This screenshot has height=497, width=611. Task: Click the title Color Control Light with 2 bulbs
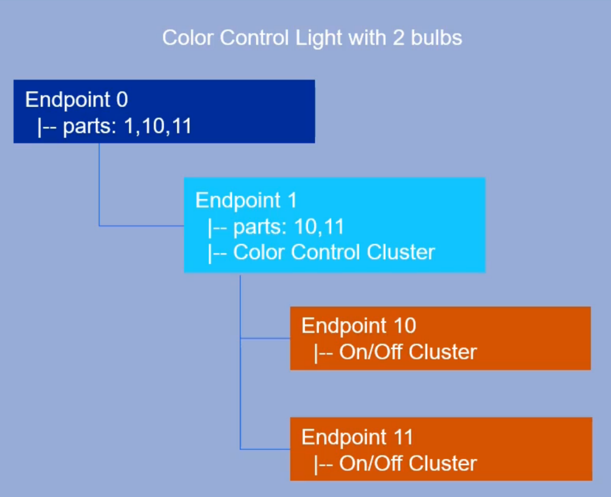312,38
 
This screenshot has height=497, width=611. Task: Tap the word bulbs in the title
436,38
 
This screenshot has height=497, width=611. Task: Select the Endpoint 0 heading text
76,100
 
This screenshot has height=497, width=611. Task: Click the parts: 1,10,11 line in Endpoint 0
127,126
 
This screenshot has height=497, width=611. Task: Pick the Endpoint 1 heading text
246,200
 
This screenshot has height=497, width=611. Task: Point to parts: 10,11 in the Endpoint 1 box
288,227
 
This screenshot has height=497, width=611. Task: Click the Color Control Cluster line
334,252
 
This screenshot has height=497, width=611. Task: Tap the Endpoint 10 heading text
359,326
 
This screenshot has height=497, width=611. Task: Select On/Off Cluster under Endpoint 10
407,352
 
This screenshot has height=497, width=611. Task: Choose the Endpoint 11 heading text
357,437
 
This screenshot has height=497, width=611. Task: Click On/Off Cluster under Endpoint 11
407,464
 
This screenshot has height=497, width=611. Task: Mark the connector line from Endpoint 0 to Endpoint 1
100,185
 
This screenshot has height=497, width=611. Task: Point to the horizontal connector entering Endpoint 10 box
265,339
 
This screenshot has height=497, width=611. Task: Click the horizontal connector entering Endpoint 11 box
265,449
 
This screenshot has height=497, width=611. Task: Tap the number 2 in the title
398,38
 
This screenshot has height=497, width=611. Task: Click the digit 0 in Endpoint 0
122,100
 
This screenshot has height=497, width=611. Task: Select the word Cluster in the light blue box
401,252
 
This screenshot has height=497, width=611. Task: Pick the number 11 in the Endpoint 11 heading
403,437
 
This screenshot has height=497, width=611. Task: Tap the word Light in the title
318,38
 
